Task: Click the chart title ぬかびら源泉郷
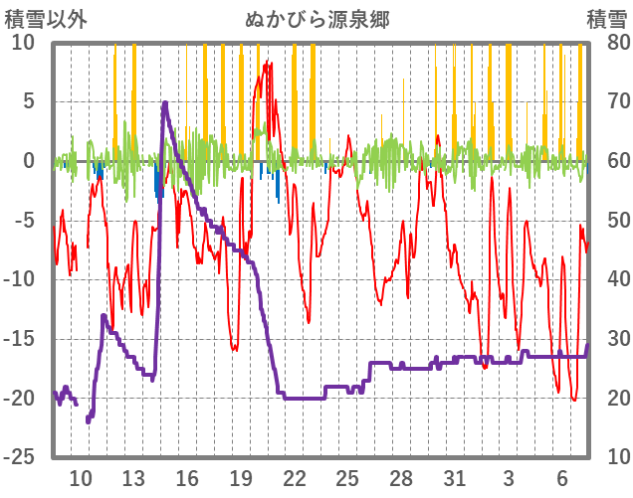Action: pyautogui.click(x=316, y=19)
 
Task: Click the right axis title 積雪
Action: pyautogui.click(x=606, y=19)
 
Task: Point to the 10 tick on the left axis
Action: pyautogui.click(x=23, y=42)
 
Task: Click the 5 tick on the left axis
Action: pyautogui.click(x=28, y=101)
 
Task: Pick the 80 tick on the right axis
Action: pyautogui.click(x=606, y=42)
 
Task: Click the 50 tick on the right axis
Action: pyautogui.click(x=606, y=220)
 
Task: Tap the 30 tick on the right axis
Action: pyautogui.click(x=606, y=339)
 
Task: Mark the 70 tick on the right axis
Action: pyautogui.click(x=606, y=101)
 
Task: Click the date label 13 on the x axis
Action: pyautogui.click(x=133, y=477)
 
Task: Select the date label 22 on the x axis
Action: pyautogui.click(x=294, y=477)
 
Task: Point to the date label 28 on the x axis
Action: pyautogui.click(x=401, y=477)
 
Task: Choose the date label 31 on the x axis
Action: pyautogui.click(x=454, y=477)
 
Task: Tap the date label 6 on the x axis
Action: pyautogui.click(x=561, y=477)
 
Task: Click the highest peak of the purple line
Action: pyautogui.click(x=165, y=102)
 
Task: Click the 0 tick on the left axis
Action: pyautogui.click(x=28, y=161)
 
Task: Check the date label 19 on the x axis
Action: pyautogui.click(x=240, y=477)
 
